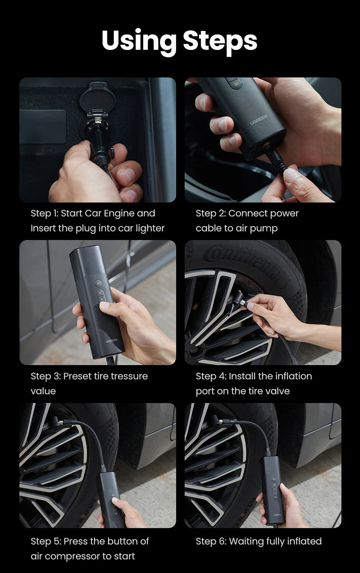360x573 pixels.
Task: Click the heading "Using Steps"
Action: [x=179, y=41]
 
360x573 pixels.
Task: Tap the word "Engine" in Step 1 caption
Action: [x=119, y=213]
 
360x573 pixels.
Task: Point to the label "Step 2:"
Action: [x=211, y=213]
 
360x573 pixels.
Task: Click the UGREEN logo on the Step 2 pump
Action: [x=259, y=119]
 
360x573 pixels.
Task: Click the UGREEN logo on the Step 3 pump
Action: [x=111, y=341]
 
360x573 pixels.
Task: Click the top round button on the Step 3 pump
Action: [x=99, y=283]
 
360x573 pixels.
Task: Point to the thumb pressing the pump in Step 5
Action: [x=116, y=501]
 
